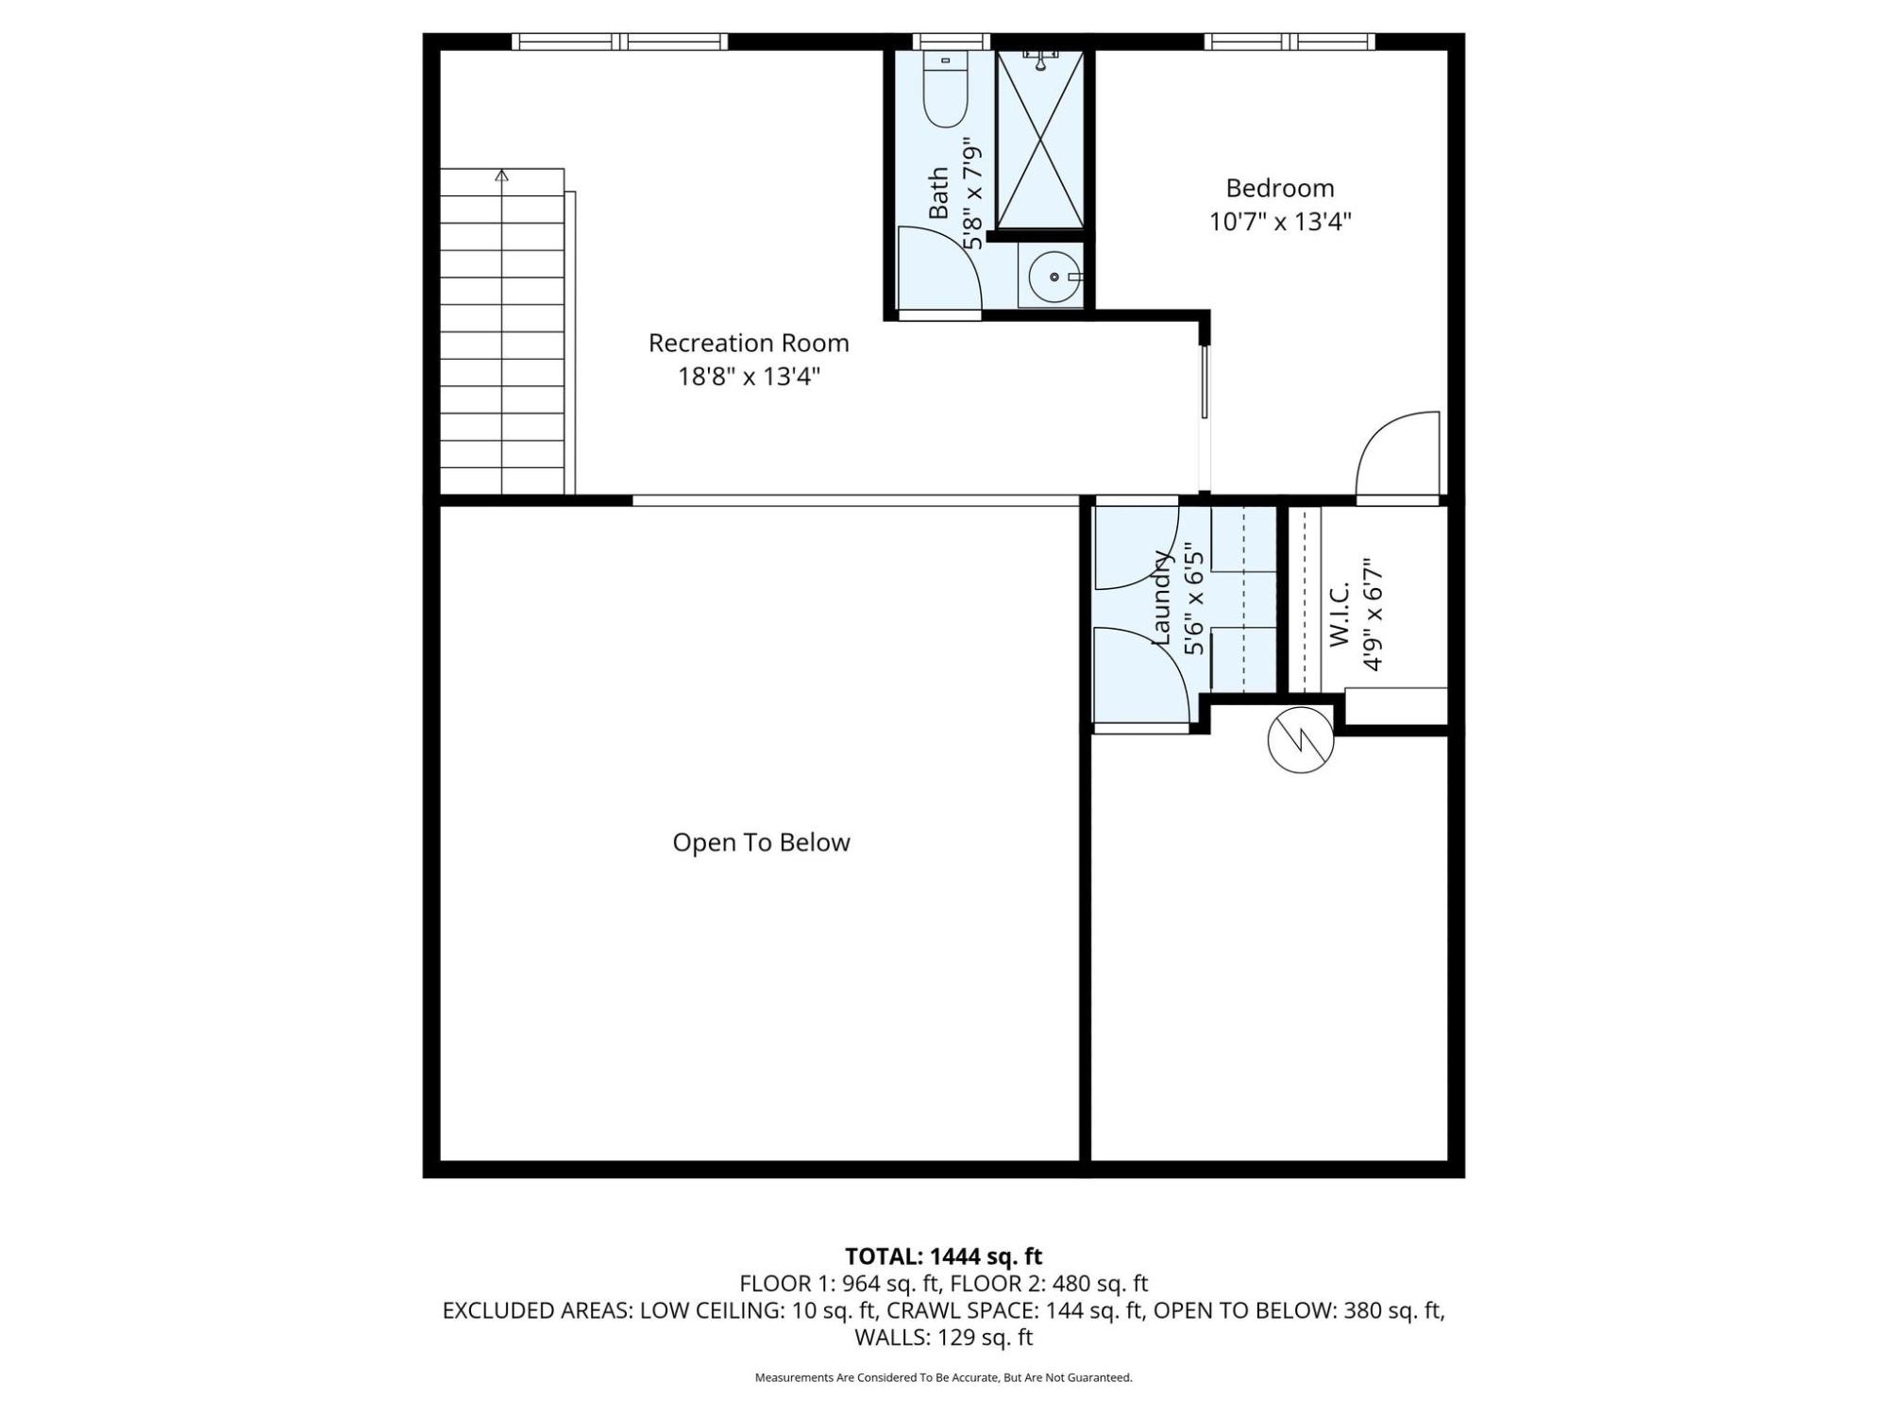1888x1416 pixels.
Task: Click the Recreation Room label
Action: tap(749, 343)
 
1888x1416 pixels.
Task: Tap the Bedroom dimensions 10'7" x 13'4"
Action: tap(1280, 222)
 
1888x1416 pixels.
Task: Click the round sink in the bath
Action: tap(1053, 278)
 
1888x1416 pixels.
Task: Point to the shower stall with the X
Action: tap(1040, 140)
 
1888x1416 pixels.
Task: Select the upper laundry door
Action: tap(1137, 548)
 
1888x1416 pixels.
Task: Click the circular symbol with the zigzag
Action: tap(1301, 740)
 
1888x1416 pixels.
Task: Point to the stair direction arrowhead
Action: tap(502, 175)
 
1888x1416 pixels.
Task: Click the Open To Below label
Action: tap(761, 842)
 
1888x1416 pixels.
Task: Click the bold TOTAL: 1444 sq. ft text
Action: tap(943, 1256)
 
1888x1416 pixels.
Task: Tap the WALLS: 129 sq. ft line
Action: tap(943, 1338)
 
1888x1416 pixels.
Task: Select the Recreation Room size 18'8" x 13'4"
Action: tap(749, 377)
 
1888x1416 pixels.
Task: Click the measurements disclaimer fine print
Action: tap(943, 1378)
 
